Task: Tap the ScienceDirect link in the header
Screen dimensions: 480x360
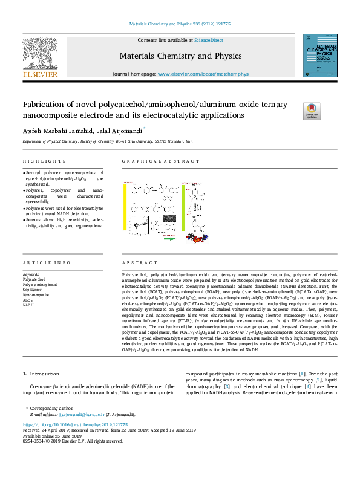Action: (209, 40)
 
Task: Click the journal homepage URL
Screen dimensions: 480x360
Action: (195, 74)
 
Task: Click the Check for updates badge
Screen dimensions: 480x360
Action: (312, 111)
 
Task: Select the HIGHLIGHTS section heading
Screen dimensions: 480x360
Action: (44, 161)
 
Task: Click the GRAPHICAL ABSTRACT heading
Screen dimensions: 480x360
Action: (160, 161)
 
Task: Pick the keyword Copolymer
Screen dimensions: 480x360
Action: (32, 290)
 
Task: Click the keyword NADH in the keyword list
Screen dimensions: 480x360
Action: (28, 305)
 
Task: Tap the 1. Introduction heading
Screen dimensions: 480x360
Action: (41, 374)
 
